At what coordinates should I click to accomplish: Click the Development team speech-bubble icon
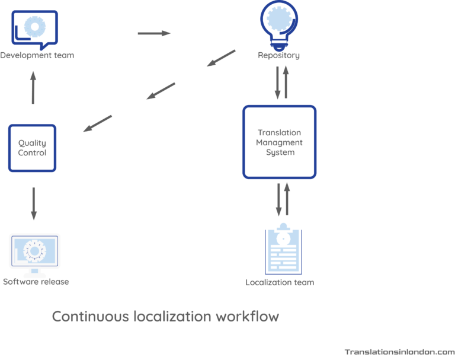35,29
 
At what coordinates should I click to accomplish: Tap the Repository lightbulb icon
279,24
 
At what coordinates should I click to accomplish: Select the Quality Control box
33,148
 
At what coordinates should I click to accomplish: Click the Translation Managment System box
279,142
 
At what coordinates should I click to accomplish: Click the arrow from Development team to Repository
154,33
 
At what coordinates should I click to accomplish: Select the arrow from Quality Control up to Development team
33,87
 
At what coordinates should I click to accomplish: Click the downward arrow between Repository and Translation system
277,82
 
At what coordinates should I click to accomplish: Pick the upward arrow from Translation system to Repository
287,82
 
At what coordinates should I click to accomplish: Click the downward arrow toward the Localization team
278,200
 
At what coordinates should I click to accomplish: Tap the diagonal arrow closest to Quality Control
97,123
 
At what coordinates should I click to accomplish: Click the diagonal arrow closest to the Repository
221,58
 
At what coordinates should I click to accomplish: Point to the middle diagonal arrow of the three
161,91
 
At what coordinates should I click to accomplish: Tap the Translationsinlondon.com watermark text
399,351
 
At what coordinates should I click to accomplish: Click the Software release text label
36,282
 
